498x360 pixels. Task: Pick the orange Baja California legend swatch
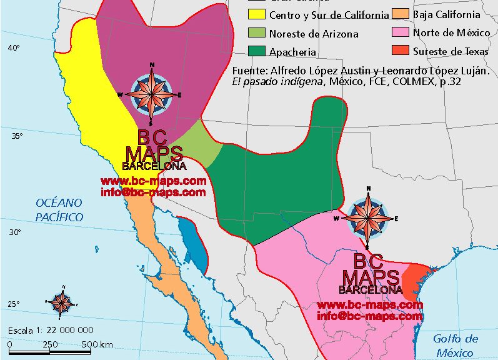400,14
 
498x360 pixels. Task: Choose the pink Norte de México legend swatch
400,32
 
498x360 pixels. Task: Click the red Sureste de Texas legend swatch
400,51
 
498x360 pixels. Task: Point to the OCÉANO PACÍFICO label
59,209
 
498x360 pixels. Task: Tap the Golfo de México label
456,346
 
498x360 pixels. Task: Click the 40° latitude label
14,48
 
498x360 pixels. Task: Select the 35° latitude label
14,136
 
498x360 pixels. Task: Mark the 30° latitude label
14,232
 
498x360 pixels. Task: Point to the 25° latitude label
14,305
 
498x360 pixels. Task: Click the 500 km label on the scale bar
97,344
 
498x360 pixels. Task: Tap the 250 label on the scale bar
50,344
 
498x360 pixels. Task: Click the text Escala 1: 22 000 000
51,330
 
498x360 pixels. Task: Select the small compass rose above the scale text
62,302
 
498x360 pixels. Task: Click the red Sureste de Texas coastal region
413,280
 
